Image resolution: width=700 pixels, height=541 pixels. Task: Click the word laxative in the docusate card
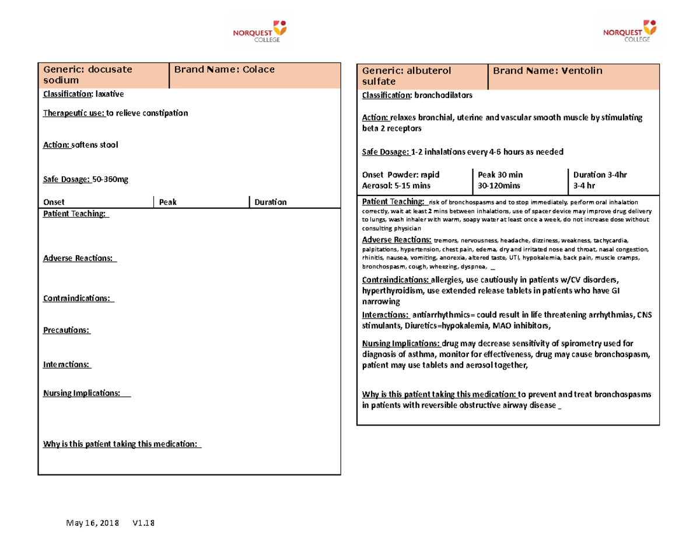110,93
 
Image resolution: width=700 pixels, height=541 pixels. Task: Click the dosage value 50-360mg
109,179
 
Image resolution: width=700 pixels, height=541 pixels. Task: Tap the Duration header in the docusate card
270,202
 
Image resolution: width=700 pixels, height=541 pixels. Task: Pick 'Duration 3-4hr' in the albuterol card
600,174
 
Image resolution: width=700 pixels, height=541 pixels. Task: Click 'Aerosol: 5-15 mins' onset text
396,185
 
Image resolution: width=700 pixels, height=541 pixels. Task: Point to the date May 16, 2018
91,523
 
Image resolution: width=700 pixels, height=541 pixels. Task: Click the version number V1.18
143,523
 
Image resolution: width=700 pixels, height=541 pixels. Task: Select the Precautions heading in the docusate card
67,330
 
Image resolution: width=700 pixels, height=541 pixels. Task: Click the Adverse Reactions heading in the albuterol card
397,240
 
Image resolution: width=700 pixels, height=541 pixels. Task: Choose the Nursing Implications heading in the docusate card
82,393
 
